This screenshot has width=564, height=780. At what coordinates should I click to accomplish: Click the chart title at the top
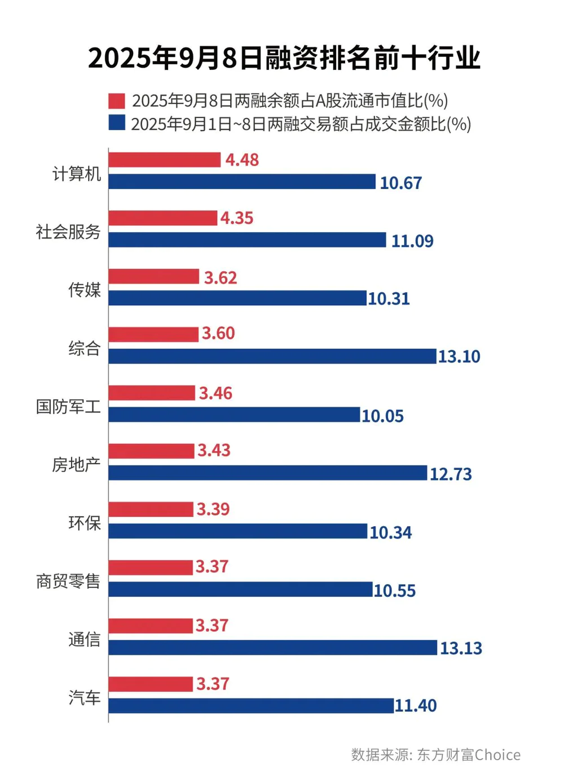pos(284,59)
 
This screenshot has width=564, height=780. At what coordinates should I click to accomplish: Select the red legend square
pos(117,101)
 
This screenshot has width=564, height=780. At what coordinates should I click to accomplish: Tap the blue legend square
pos(117,123)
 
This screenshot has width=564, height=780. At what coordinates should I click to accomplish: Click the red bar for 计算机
pos(164,160)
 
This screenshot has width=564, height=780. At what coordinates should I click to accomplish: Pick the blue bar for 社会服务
pos(247,240)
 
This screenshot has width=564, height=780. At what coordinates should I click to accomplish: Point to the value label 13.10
pos(459,356)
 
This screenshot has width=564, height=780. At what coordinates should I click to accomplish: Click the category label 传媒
pos(85,289)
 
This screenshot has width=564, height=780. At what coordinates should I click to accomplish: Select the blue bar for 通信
pos(272,647)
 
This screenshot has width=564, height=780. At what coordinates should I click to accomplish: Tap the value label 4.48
pos(242,160)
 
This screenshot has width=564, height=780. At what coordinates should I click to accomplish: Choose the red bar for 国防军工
pos(152,393)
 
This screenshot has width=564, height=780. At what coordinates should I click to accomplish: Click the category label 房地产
pos(76,464)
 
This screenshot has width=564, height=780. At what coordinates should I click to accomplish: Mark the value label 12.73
pos(451,474)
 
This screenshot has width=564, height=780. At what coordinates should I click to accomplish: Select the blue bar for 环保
pos(237,531)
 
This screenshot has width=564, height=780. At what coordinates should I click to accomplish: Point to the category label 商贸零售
pos(68,581)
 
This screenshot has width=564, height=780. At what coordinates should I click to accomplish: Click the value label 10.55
pos(394,590)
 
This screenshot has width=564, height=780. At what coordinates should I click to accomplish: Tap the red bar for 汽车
pos(151,684)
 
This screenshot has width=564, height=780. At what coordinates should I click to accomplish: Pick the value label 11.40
pos(416,706)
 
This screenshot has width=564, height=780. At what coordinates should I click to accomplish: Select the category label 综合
pos(85,348)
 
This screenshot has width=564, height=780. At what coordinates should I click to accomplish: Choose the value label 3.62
pos(221,277)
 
